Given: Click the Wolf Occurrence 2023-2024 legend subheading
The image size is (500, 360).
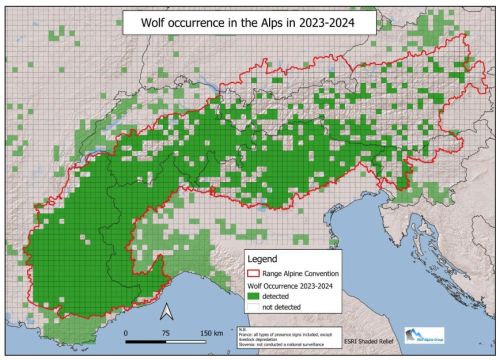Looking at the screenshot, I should click(x=297, y=285).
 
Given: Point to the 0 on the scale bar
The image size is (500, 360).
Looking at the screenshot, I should click(x=126, y=332).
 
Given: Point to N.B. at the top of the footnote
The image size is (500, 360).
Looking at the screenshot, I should click(x=241, y=325).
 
